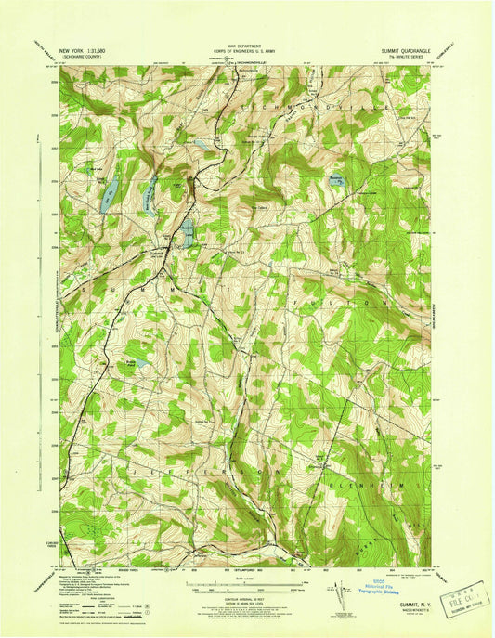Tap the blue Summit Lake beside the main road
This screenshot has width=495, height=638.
coord(188,233)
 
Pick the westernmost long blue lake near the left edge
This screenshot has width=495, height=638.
coord(110,194)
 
